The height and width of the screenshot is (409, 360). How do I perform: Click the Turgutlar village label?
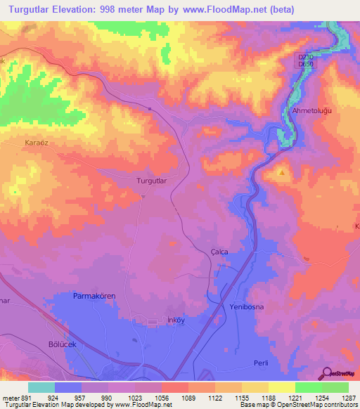(x=150, y=181)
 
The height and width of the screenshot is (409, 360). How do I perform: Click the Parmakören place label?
(x=94, y=297)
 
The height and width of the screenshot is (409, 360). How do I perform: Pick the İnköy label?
(x=175, y=320)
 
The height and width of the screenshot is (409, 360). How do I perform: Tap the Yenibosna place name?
(x=245, y=308)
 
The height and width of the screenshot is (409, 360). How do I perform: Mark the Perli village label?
(x=261, y=362)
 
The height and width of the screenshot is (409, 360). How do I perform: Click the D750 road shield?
(x=305, y=57)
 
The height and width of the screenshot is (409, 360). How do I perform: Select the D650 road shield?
(x=305, y=65)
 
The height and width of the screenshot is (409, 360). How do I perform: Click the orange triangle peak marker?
(x=282, y=171)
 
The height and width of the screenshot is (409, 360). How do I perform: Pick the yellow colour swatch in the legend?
(x=281, y=387)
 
